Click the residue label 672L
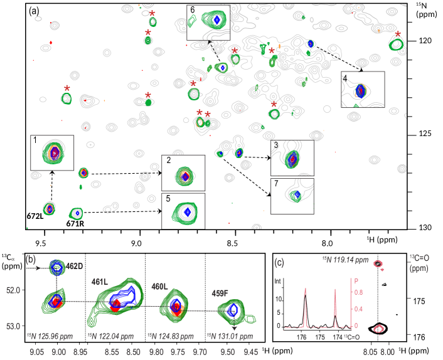tap(35, 216)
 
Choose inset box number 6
tap(208, 23)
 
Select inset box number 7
tap(292, 197)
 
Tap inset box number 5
tap(183, 211)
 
